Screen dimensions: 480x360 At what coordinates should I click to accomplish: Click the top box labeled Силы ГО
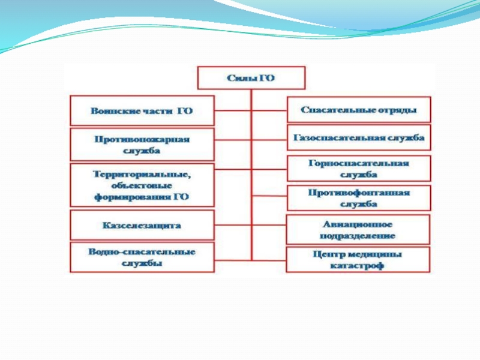[x=251, y=78]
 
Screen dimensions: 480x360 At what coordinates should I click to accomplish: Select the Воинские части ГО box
[x=142, y=111]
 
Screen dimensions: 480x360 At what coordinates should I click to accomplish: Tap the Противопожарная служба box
[x=142, y=144]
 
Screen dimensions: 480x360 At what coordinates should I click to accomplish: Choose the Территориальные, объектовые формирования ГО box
[x=142, y=185]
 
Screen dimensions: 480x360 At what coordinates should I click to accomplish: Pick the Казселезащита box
[x=142, y=226]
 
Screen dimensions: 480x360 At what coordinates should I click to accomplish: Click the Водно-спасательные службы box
[x=142, y=257]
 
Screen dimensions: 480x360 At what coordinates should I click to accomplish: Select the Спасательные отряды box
[x=358, y=110]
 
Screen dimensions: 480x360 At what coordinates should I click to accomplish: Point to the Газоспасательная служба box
[x=358, y=137]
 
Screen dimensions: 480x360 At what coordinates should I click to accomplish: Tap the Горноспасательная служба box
[x=358, y=169]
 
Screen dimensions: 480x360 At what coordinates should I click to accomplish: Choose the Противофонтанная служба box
[x=358, y=199]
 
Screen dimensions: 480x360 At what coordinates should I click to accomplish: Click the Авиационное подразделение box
[x=358, y=229]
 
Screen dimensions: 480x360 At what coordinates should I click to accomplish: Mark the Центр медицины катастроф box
[x=358, y=259]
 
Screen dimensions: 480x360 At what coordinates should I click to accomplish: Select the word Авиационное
[x=358, y=224]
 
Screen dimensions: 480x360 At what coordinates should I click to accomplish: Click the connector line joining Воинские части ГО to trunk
[x=233, y=111]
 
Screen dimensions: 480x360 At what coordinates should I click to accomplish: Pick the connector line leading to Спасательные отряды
[x=269, y=111]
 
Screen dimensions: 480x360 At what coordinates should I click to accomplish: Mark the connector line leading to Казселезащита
[x=233, y=226]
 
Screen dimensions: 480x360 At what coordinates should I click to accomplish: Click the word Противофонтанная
[x=358, y=193]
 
